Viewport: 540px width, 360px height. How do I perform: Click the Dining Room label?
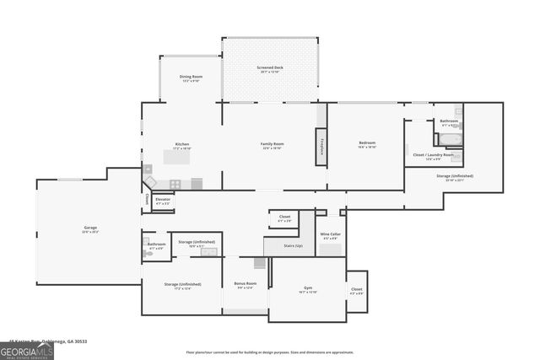pos(190,78)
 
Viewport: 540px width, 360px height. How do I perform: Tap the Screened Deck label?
pos(270,69)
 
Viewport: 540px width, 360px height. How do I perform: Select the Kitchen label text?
pos(182,145)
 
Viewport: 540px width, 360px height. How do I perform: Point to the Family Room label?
pos(272,145)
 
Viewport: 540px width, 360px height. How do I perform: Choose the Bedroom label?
pos(367,144)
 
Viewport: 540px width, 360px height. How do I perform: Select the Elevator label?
pos(162,201)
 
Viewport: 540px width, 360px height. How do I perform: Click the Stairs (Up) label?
pos(289,245)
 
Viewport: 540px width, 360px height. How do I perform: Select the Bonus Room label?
pos(246,285)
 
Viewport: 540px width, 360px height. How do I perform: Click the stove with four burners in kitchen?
pos(175,184)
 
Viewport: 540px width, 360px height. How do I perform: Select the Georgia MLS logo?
pos(27,350)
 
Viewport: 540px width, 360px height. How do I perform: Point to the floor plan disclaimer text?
pos(270,352)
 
